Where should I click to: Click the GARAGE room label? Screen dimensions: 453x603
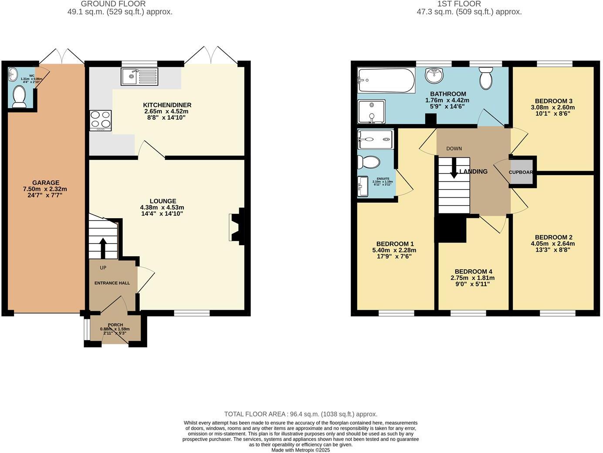click(45, 183)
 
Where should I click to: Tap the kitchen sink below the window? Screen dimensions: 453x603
click(139, 77)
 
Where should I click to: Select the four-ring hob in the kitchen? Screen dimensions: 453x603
click(101, 120)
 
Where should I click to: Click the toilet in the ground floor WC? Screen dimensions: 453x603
click(19, 96)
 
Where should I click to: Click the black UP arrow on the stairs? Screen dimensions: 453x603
click(103, 247)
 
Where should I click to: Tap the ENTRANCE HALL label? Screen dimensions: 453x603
click(112, 283)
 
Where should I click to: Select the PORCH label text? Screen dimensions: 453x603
click(115, 325)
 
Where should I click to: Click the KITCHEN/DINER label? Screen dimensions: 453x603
click(167, 105)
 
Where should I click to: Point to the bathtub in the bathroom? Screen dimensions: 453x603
click(386, 80)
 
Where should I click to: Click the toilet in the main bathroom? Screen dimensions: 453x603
click(485, 78)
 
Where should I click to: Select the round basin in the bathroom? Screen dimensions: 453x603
click(434, 75)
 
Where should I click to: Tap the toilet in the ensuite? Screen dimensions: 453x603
click(368, 162)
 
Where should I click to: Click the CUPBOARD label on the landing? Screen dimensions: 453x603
click(521, 172)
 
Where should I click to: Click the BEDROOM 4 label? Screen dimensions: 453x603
click(473, 271)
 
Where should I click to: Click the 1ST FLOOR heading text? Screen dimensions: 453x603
click(469, 4)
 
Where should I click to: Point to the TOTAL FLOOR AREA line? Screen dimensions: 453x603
click(301, 414)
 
